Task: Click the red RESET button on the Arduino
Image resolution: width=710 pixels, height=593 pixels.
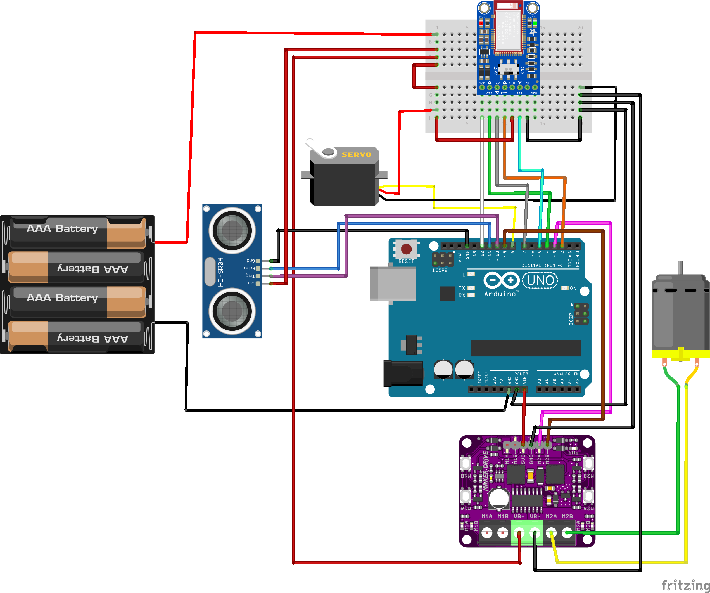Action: click(406, 249)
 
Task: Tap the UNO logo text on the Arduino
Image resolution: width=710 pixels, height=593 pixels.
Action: click(540, 280)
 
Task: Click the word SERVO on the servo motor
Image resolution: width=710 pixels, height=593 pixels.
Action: click(356, 155)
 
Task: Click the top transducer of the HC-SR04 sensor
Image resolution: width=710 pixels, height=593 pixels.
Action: click(232, 230)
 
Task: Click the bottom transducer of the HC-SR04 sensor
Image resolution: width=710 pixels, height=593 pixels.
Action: click(232, 311)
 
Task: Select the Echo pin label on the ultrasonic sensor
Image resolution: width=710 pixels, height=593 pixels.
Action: click(250, 268)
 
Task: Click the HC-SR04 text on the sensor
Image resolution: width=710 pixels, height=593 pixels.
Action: click(221, 272)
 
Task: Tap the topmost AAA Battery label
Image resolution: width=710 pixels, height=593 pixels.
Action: click(62, 229)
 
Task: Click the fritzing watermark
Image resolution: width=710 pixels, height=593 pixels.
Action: click(685, 585)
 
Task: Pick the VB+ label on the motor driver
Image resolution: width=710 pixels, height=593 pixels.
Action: click(519, 516)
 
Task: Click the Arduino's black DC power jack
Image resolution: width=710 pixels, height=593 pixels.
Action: click(403, 374)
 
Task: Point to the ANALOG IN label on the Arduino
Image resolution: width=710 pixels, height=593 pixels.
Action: click(566, 374)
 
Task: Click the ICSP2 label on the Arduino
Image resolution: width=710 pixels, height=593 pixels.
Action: click(440, 270)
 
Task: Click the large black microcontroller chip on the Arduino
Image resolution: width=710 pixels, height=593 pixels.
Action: click(526, 348)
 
